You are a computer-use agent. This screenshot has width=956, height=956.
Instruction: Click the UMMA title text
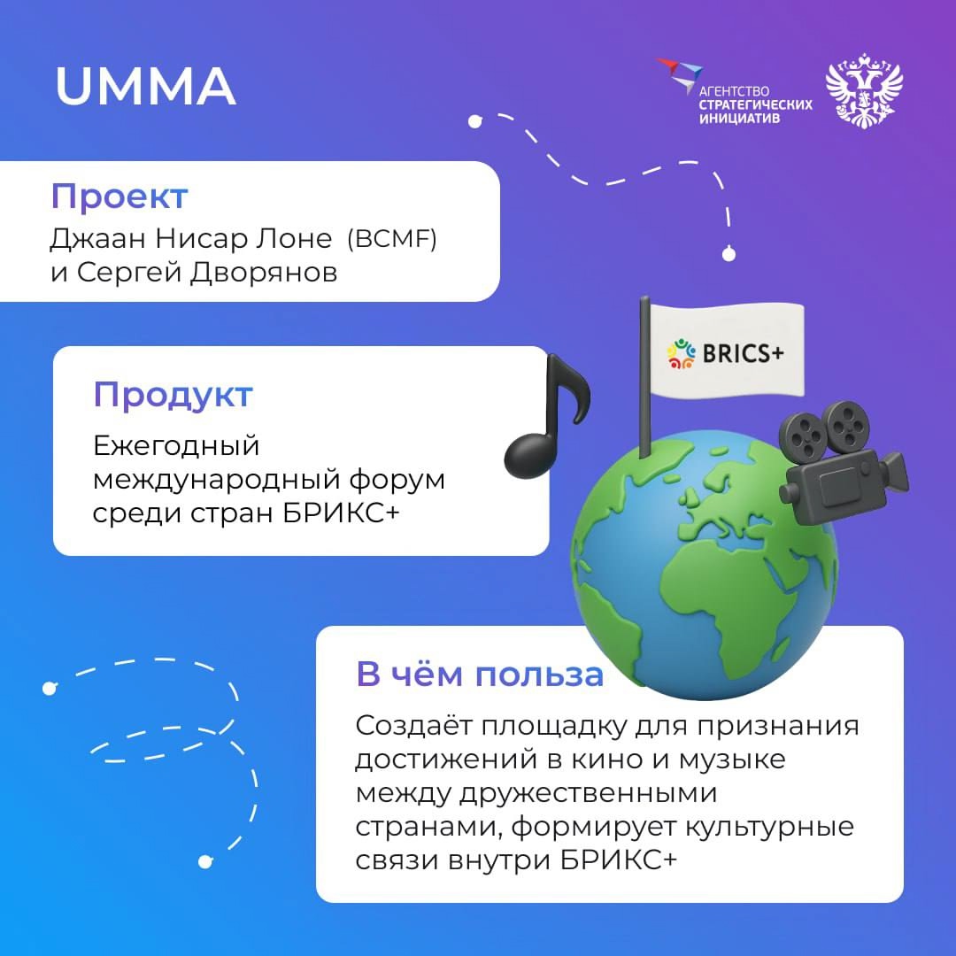[145, 86]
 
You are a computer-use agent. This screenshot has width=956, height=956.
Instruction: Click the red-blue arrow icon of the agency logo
[679, 74]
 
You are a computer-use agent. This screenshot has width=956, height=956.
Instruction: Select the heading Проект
[119, 196]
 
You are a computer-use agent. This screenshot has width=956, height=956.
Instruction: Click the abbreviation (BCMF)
[390, 240]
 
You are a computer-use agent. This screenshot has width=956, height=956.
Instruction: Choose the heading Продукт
[173, 395]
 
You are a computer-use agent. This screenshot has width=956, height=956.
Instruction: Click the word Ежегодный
[176, 446]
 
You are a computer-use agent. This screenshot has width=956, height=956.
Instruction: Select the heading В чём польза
[480, 674]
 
